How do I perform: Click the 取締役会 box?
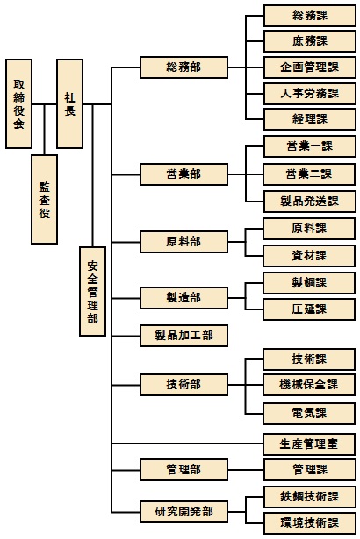coord(19,103)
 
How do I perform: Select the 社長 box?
coord(69,103)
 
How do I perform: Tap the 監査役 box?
coord(44,199)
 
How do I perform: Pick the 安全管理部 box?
coord(92,291)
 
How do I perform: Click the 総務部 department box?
coord(184,67)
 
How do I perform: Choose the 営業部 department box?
coord(184,174)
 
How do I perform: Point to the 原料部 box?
coord(184,242)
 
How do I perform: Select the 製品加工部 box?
coord(184,336)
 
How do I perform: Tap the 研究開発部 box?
coord(184,512)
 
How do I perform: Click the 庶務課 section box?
coord(310,41)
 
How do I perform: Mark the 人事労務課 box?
coord(310,94)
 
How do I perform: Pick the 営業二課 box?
coord(309,174)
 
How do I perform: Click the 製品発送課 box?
coord(310,202)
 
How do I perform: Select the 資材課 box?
coord(309,256)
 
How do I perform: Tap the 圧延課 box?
coord(309,309)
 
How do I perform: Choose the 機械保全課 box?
coord(309,385)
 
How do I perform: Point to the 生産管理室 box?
coord(309,444)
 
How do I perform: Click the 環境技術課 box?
coord(310,523)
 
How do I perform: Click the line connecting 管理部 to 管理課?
coord(246,470)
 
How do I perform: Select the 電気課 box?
coord(309,414)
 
